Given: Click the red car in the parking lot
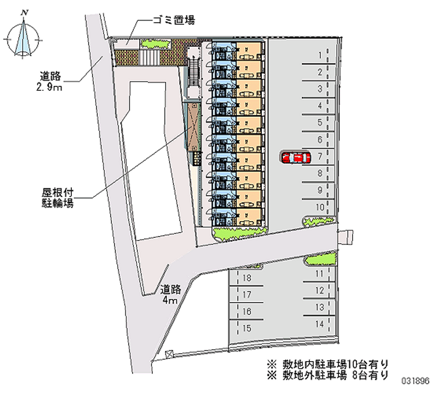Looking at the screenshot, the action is coord(296,158).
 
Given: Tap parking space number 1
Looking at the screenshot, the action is coord(320,56).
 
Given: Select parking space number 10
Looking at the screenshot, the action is coord(320,207).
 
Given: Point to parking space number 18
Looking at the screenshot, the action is coord(247,277).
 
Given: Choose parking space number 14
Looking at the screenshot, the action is coord(320,324).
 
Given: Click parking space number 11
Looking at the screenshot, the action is coord(319,274).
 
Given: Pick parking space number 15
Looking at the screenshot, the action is coord(247,328).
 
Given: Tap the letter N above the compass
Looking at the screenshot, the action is coord(25,12).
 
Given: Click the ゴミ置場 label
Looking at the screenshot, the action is coord(174,20).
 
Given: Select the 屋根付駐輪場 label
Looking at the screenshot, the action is coord(58,198).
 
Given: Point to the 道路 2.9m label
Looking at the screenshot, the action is coord(50,82).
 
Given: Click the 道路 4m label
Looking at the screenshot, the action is coord(171,294).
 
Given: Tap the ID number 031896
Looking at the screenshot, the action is coord(415,381).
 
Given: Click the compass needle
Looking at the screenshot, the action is coord(23,37).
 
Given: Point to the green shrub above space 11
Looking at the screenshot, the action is coord(320,259).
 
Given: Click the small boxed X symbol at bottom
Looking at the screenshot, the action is coord(168,354).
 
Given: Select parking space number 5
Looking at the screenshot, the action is coord(320,123).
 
